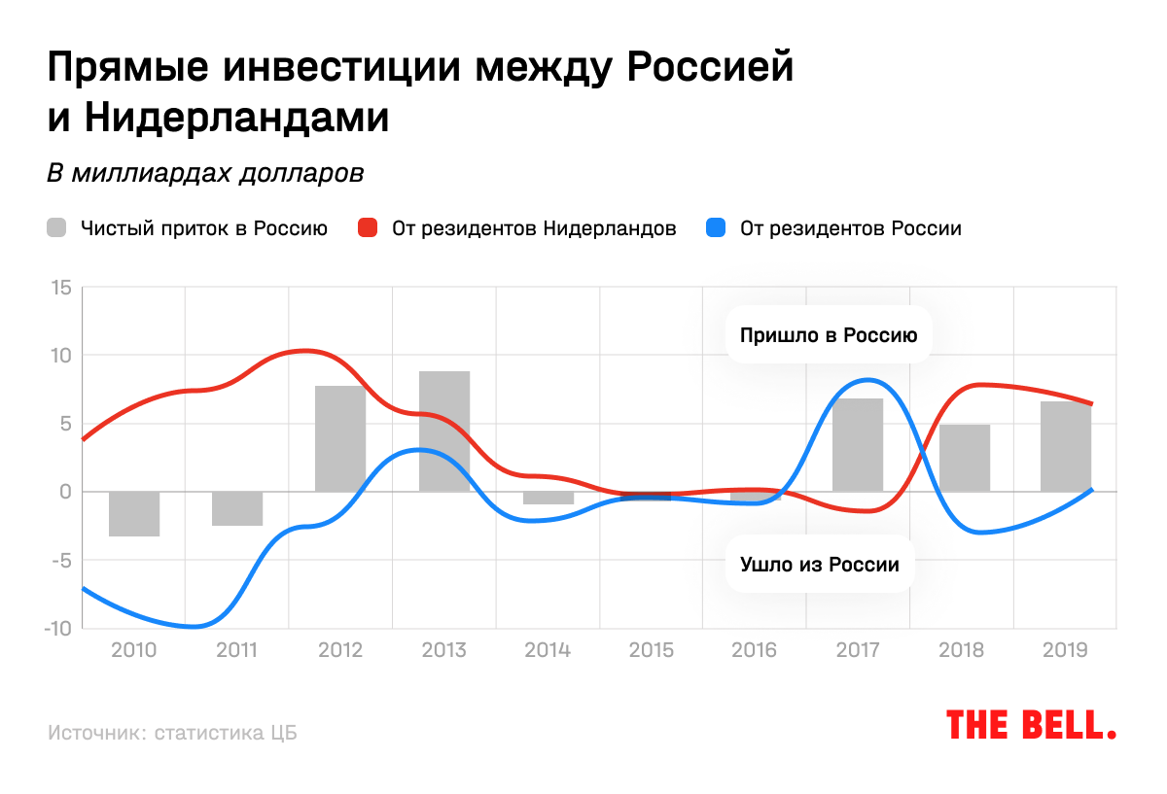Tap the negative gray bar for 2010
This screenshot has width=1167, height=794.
click(134, 513)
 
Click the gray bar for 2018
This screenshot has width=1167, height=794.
click(964, 458)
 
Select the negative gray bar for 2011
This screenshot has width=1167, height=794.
click(237, 508)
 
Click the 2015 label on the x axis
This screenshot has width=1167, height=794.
click(651, 649)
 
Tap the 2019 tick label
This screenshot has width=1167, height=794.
click(1064, 649)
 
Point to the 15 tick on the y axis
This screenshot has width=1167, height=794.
click(62, 288)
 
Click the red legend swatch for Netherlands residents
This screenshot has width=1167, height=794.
click(367, 229)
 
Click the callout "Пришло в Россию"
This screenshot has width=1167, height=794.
click(829, 336)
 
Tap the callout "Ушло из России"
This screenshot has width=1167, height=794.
click(820, 564)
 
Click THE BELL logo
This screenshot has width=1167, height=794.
click(1032, 725)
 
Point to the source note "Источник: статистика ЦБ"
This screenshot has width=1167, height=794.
click(172, 733)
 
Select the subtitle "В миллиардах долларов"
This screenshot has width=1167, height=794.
click(205, 174)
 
